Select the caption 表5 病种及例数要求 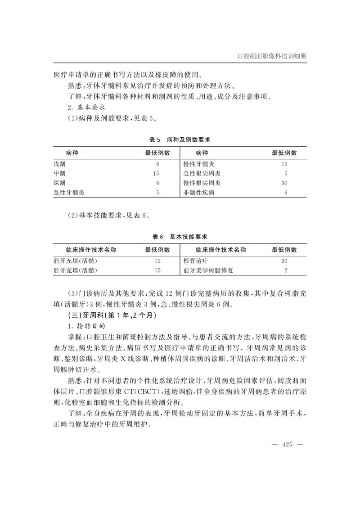point(180,140)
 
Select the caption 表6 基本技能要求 point(180,237)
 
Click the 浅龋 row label point(59,164)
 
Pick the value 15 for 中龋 point(157,174)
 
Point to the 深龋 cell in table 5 point(59,183)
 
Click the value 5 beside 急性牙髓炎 point(158,193)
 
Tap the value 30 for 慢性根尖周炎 point(284,183)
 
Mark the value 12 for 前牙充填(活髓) point(157,261)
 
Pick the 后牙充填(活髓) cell point(75,270)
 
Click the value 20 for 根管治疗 point(284,261)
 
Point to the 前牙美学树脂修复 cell point(208,270)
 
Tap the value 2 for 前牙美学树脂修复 point(286,270)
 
